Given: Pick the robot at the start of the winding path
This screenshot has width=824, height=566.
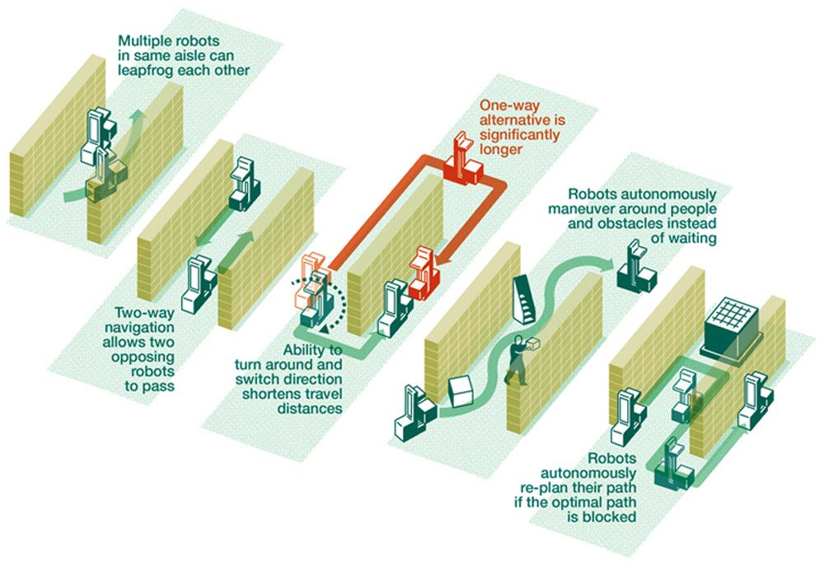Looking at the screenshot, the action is click(409, 411).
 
